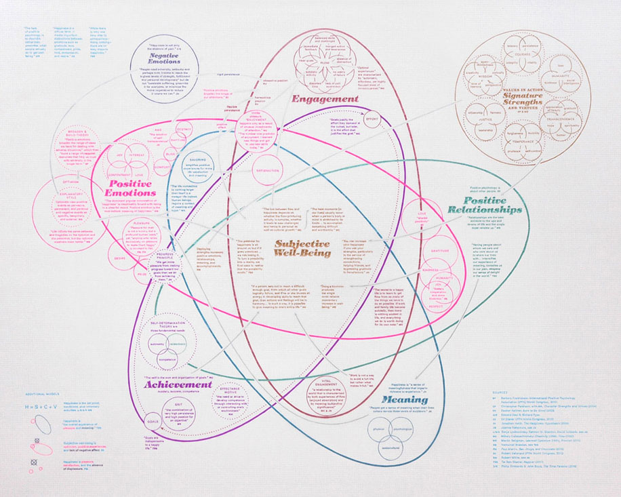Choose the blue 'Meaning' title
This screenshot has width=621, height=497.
[385, 400]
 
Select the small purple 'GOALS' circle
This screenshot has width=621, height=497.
[154, 422]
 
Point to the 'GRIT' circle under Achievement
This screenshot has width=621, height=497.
[178, 415]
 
